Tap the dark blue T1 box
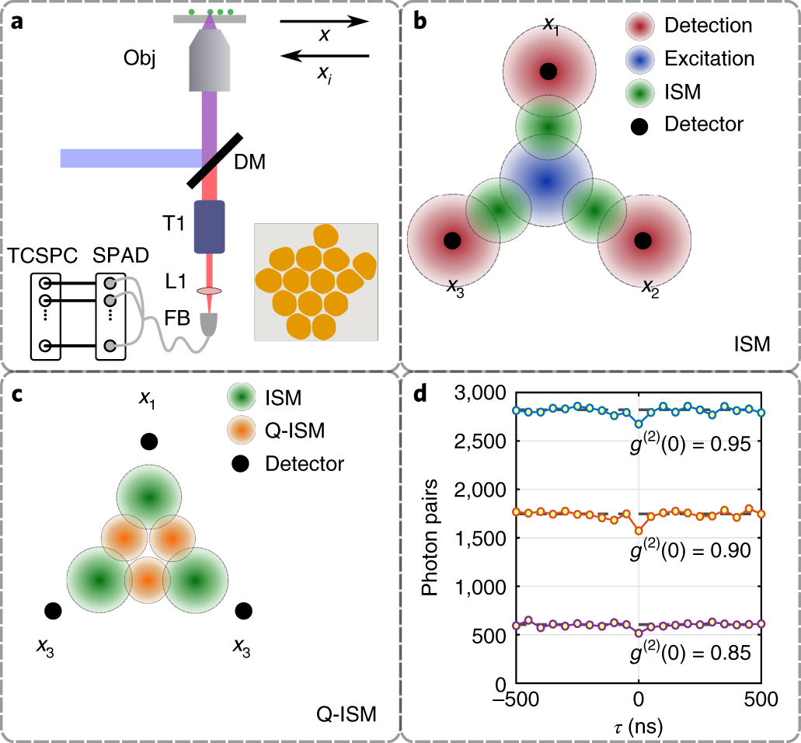click(x=208, y=227)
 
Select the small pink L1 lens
click(x=208, y=291)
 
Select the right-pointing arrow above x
click(x=324, y=22)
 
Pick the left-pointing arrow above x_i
click(x=324, y=55)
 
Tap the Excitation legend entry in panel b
click(x=707, y=59)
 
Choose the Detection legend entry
click(x=708, y=26)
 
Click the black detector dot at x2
click(x=643, y=241)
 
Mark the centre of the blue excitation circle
click(x=546, y=180)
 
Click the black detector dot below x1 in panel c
click(x=149, y=441)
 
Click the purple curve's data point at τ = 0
click(x=639, y=633)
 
